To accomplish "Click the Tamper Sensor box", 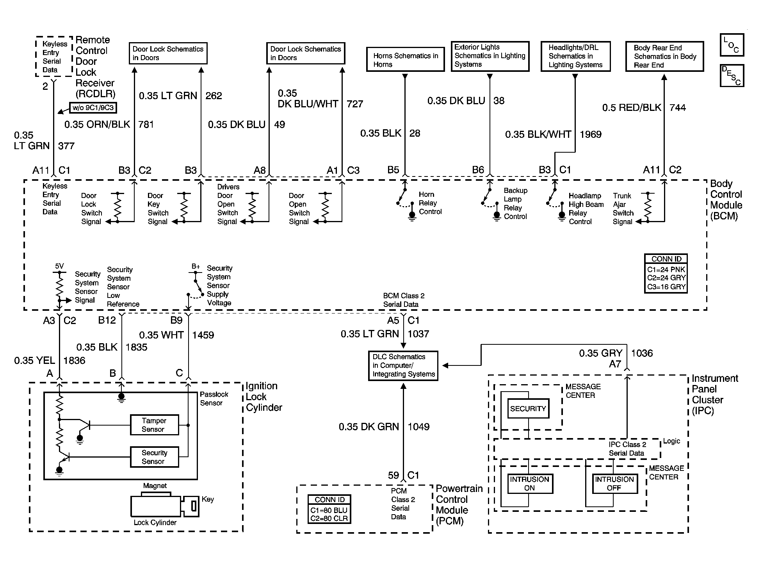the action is [x=154, y=425].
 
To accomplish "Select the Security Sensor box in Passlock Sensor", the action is [x=154, y=457].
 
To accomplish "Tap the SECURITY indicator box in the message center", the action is [x=528, y=409].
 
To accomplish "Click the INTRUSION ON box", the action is [x=529, y=484].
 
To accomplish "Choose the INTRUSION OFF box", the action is [x=614, y=484].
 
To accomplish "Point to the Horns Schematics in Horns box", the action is [x=405, y=59].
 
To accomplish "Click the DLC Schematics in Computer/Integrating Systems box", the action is [x=403, y=365].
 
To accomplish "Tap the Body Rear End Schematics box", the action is [x=664, y=56].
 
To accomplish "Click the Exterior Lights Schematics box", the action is [x=490, y=56].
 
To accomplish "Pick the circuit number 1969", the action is [x=591, y=134].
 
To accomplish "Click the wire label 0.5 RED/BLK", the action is [x=632, y=108].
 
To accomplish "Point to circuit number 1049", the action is [x=418, y=427].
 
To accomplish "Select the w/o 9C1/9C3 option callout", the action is [x=93, y=108].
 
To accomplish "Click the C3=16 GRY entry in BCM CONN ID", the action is [x=666, y=287].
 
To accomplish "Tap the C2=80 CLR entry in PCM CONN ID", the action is [x=329, y=518].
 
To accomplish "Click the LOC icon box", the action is [x=732, y=45].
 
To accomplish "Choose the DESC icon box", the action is [x=732, y=75].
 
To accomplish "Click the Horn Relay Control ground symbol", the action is [x=412, y=216].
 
